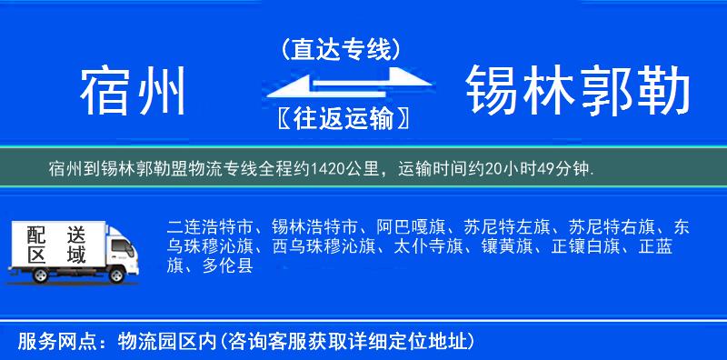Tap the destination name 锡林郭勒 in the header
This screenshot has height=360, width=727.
pos(578,91)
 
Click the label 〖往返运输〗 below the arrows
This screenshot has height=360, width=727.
pos(343,119)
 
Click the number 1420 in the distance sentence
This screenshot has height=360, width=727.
pos(330,169)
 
